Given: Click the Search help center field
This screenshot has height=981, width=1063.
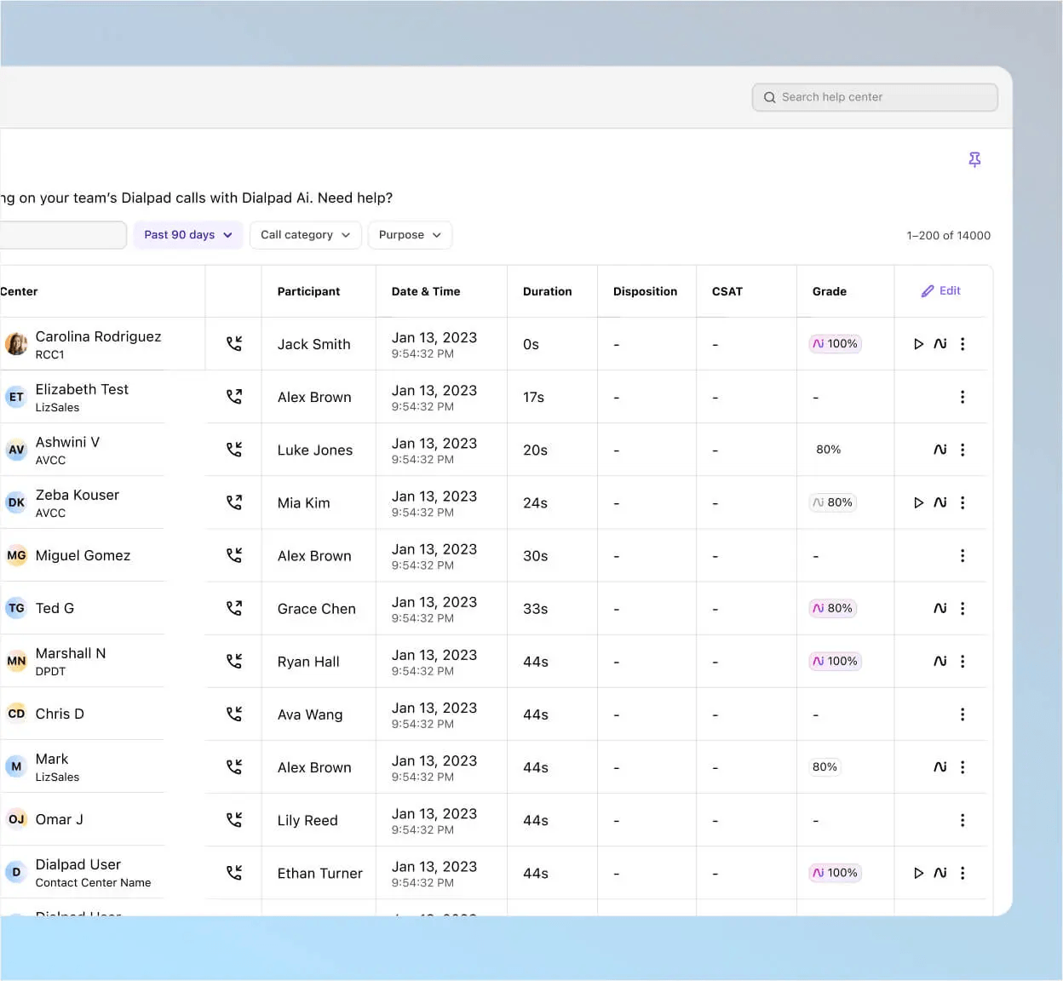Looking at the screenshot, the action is [875, 97].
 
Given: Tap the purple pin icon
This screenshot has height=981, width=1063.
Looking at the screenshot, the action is [974, 159].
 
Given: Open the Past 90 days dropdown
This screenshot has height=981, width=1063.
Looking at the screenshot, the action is [188, 234].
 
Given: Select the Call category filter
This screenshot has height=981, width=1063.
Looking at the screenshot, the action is [305, 234].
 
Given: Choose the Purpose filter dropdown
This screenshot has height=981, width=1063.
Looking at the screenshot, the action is [410, 234].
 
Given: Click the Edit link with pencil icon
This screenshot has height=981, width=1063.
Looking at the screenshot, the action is [940, 290].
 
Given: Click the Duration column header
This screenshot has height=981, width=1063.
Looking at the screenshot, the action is [547, 291].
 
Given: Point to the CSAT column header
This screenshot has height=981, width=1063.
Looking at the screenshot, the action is [727, 291].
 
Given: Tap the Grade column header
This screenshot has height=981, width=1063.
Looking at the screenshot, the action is [829, 291].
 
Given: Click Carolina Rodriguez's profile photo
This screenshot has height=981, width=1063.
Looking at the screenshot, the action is [16, 343].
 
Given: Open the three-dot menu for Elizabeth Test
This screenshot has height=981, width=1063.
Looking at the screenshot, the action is [962, 397].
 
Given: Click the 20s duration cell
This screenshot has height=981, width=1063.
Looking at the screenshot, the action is [535, 450].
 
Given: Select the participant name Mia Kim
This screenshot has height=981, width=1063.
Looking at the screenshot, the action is [303, 502].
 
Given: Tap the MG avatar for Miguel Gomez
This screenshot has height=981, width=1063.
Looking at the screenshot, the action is [16, 555].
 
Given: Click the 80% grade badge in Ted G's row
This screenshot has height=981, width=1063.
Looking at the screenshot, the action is [832, 608].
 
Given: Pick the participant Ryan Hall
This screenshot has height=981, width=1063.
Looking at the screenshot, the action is [308, 662].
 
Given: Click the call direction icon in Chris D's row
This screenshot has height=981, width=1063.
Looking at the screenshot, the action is [234, 714].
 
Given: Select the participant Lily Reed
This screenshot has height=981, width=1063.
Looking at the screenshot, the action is [307, 820].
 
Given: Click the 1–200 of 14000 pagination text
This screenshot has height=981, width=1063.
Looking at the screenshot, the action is [948, 236].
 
